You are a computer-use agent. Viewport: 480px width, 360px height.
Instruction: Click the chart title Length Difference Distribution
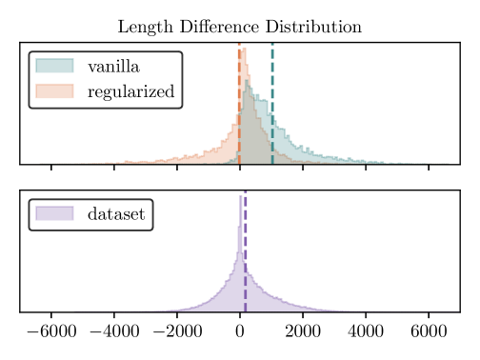pos(239,27)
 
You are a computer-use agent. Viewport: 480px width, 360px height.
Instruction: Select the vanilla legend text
pos(112,67)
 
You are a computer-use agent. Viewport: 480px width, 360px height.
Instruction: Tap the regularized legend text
pos(130,91)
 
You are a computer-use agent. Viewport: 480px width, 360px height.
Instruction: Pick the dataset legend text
pos(116,214)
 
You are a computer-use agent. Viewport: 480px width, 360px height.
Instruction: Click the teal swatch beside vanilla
pos(53,67)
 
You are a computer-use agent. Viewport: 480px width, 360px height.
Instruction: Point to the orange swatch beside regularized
pos(53,91)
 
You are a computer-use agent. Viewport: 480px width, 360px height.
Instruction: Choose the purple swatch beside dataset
pos(53,214)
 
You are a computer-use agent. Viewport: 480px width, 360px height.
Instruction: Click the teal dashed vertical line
pos(272,105)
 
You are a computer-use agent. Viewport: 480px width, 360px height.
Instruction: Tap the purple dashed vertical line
pos(246,257)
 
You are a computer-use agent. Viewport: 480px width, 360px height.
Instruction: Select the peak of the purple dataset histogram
pos(240,197)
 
